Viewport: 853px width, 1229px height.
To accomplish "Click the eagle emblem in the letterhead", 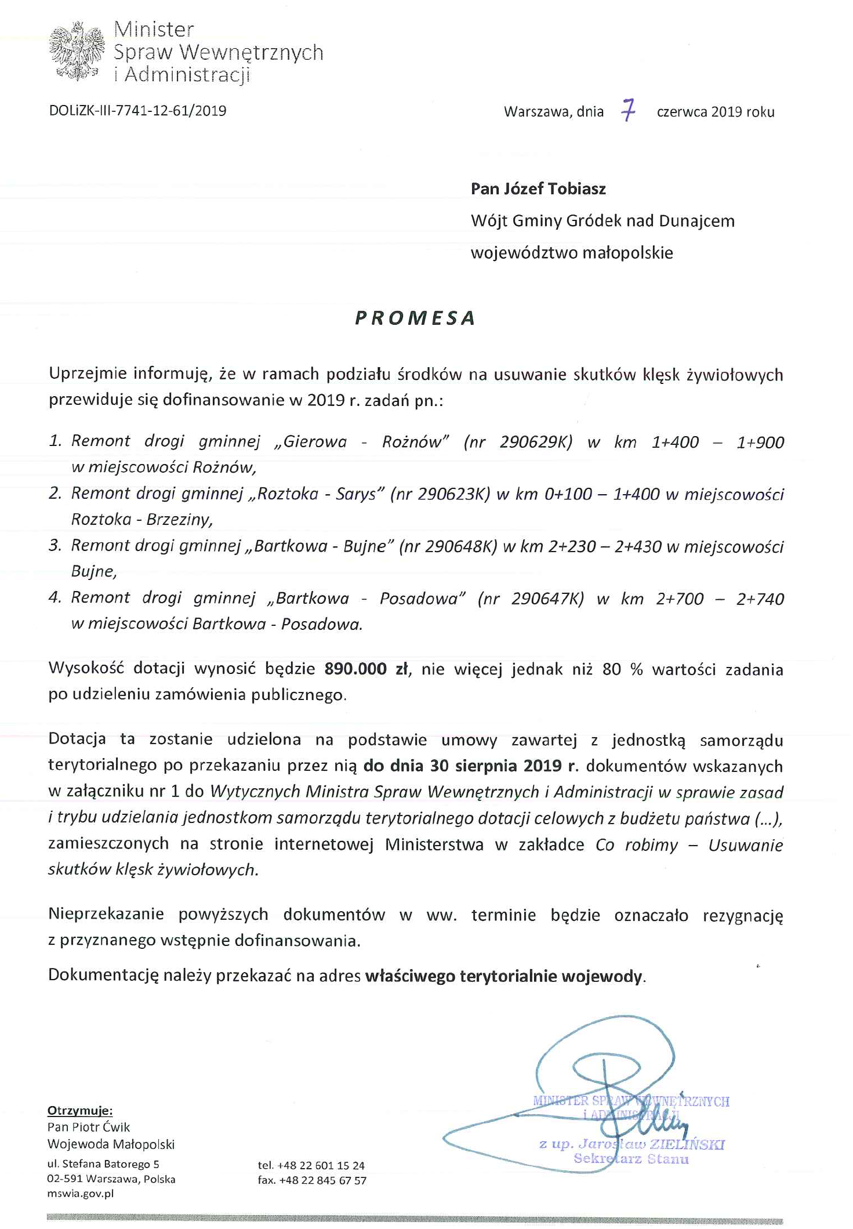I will pyautogui.click(x=77, y=50).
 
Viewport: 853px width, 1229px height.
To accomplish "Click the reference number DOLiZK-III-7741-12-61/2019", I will pyautogui.click(x=137, y=111).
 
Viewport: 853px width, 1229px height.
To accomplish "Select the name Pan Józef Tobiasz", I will pyautogui.click(x=538, y=188).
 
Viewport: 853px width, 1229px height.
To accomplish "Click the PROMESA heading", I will pyautogui.click(x=415, y=318).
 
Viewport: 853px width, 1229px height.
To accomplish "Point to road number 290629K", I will pyautogui.click(x=536, y=442).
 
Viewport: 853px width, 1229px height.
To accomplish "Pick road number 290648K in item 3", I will pyautogui.click(x=461, y=546).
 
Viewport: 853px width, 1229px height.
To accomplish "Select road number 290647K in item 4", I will pyautogui.click(x=547, y=599).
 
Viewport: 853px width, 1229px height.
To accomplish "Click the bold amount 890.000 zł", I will pyautogui.click(x=366, y=669).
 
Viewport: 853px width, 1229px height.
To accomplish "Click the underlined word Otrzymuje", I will pyautogui.click(x=79, y=1110).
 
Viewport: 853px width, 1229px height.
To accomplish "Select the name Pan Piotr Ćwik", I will pyautogui.click(x=89, y=1127).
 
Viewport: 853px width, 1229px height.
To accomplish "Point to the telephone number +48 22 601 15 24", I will pyautogui.click(x=321, y=1165).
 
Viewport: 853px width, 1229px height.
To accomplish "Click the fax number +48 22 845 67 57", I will pyautogui.click(x=322, y=1180).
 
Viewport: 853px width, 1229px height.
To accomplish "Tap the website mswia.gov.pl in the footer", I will pyautogui.click(x=80, y=1194).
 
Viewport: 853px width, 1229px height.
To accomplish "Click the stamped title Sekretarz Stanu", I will pyautogui.click(x=631, y=1159).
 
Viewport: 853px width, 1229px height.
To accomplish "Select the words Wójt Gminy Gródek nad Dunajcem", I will pyautogui.click(x=602, y=221).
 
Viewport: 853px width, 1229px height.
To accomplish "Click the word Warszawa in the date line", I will pyautogui.click(x=536, y=112).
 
